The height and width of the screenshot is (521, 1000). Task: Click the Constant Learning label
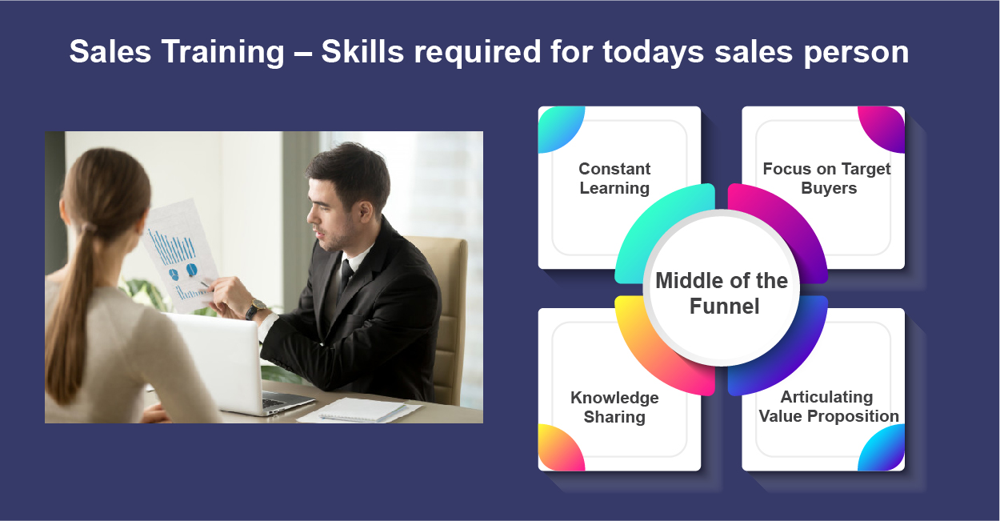click(x=614, y=178)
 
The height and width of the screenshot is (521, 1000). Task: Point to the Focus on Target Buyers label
click(x=827, y=178)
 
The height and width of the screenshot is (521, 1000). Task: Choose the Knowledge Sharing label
click(x=614, y=407)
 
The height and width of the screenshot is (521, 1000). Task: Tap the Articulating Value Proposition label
click(x=828, y=407)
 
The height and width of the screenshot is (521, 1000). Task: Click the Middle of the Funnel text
click(x=722, y=293)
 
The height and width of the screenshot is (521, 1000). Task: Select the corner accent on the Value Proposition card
click(x=885, y=451)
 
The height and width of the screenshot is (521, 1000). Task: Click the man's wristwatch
click(x=256, y=308)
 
